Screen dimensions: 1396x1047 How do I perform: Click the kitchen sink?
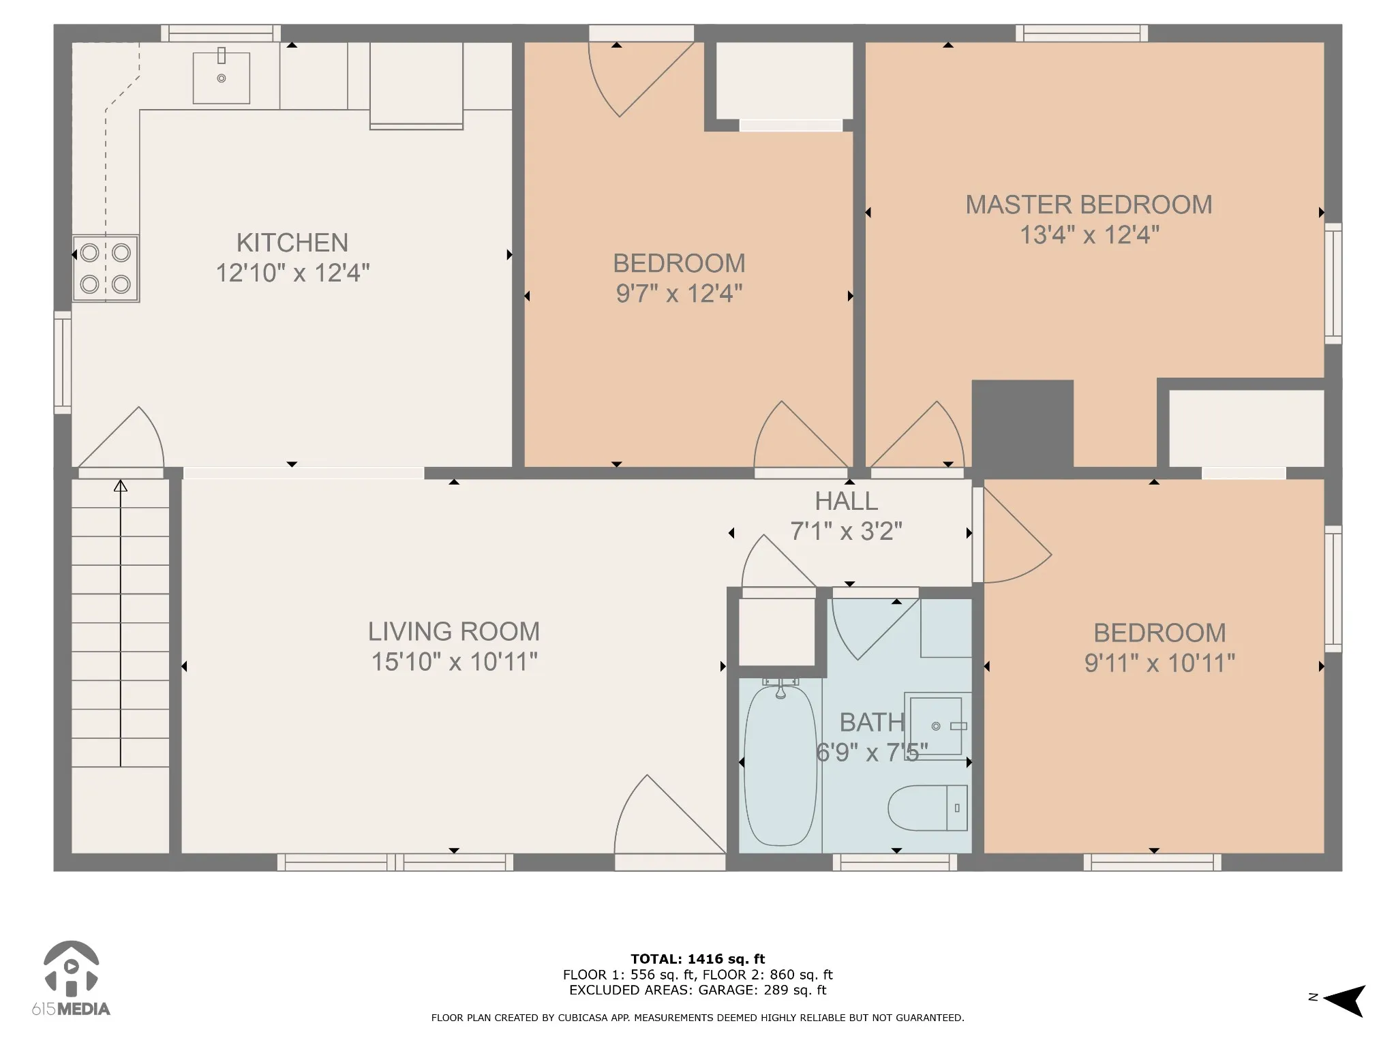coord(221,77)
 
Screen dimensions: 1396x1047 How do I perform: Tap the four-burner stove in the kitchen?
coord(106,269)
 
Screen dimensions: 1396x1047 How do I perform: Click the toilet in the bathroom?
coord(928,808)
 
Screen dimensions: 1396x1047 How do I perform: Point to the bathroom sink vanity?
coord(937,726)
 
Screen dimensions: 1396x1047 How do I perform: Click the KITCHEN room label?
coord(292,243)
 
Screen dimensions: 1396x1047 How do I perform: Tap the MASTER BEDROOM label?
coord(1089,204)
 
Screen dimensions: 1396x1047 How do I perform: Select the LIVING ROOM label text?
coord(454,631)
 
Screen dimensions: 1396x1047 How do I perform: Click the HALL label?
coord(847,501)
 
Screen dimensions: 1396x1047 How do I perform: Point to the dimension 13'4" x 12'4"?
coord(1089,235)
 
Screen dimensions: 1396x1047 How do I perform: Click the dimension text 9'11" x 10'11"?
coord(1159,663)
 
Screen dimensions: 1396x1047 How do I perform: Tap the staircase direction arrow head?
coord(121,485)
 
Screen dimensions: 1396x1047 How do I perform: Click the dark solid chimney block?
coord(1022,423)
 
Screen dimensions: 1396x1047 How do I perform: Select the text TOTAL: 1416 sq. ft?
coord(697,959)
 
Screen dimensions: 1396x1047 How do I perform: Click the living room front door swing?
coord(670,814)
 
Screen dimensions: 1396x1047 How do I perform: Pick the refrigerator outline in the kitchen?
coord(416,85)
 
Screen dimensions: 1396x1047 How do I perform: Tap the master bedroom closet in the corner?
coord(1246,429)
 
